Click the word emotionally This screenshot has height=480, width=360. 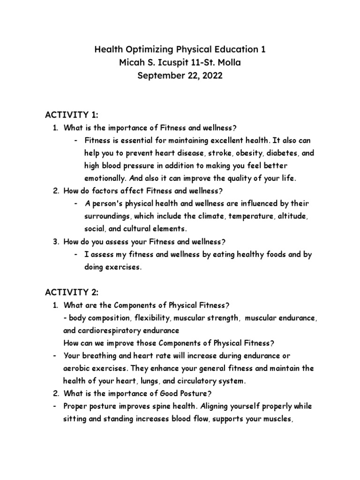pos(104,179)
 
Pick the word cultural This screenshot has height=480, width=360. pos(135,229)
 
